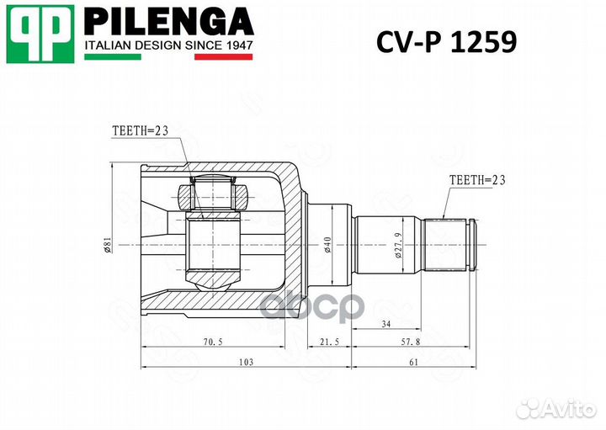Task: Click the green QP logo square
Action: [40, 34]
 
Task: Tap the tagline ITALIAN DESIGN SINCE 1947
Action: [169, 45]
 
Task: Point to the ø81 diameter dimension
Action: [107, 245]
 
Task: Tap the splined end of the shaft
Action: [451, 244]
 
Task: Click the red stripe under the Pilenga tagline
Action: [224, 57]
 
